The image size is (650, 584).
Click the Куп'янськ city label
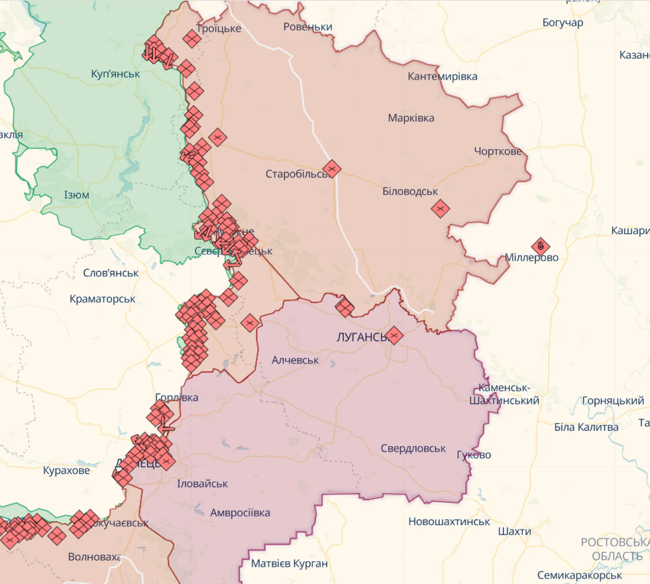click(x=116, y=74)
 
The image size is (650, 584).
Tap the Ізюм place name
click(x=77, y=195)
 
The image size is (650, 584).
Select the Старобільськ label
click(x=298, y=174)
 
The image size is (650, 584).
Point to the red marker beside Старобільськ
click(x=332, y=168)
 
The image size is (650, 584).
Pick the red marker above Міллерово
click(x=541, y=247)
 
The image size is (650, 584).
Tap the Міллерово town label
click(x=531, y=257)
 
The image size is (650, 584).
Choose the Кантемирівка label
click(x=443, y=76)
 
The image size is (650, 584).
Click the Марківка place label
click(x=411, y=118)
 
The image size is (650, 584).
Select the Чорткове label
click(x=498, y=151)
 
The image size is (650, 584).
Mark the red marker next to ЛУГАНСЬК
click(x=394, y=335)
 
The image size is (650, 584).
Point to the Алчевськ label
click(x=295, y=360)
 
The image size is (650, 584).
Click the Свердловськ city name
click(x=413, y=449)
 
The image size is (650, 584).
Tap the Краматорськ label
click(x=103, y=299)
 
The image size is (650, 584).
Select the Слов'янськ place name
click(x=111, y=272)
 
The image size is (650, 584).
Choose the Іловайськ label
click(x=203, y=484)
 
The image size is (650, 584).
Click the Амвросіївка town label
click(x=240, y=512)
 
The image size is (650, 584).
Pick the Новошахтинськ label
click(x=449, y=522)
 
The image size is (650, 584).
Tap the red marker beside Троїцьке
click(x=192, y=39)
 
